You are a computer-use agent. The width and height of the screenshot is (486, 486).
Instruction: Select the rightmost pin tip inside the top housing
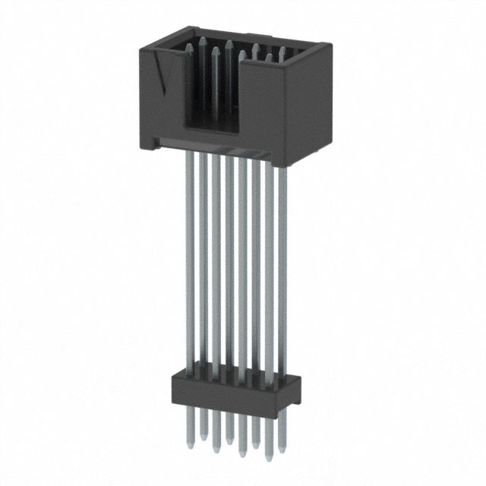point(282,52)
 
